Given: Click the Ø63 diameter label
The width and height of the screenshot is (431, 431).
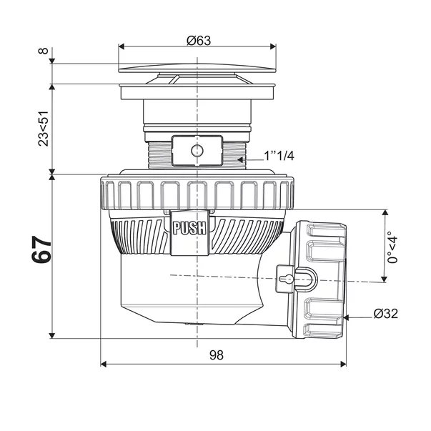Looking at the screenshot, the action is (x=199, y=41).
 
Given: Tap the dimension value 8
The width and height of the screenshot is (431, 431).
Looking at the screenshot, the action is (x=44, y=51).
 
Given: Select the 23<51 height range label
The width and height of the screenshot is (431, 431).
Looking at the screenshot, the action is (x=44, y=129).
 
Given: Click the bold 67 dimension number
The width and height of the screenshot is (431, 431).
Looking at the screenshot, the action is (x=41, y=249).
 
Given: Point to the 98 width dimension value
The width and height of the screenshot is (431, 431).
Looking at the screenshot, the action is (x=217, y=355).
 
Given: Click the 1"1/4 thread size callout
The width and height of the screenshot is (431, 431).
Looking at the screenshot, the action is (x=279, y=156).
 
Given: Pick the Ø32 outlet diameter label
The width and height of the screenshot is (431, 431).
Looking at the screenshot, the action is (x=386, y=313).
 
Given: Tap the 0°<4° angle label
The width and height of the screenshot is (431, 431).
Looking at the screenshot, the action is (x=392, y=247).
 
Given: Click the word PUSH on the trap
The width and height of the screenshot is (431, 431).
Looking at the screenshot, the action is (x=189, y=228).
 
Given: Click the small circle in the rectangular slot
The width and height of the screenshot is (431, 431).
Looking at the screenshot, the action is (x=197, y=151).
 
